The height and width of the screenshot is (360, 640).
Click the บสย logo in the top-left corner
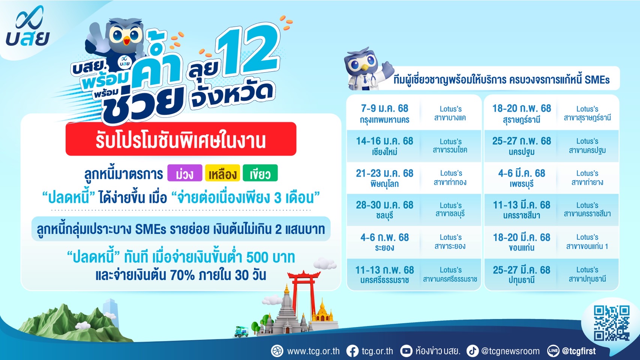click(x=27, y=26)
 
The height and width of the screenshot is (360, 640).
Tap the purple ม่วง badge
click(x=185, y=173)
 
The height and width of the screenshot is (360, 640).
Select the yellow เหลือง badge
click(x=222, y=173)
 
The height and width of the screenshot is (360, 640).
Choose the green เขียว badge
click(x=260, y=173)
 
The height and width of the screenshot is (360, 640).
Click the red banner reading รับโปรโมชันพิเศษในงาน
click(x=181, y=139)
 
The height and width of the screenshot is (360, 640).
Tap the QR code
click(x=612, y=323)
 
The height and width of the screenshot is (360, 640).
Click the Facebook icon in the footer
click(x=353, y=351)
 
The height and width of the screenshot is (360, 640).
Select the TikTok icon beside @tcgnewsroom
click(x=473, y=351)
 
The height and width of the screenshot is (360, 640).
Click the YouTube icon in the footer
click(x=406, y=351)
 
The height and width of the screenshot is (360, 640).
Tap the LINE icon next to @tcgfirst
click(x=553, y=351)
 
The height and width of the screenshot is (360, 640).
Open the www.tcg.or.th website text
click(x=313, y=351)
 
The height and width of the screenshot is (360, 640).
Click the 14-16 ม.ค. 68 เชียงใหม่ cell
click(x=385, y=146)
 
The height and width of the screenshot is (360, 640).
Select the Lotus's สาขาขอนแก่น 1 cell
click(x=587, y=242)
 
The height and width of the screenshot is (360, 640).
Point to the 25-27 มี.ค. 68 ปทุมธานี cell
click(x=521, y=274)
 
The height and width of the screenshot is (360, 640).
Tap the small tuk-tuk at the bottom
click(x=242, y=331)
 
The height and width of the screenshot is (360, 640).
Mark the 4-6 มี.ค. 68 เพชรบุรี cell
click(x=521, y=178)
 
